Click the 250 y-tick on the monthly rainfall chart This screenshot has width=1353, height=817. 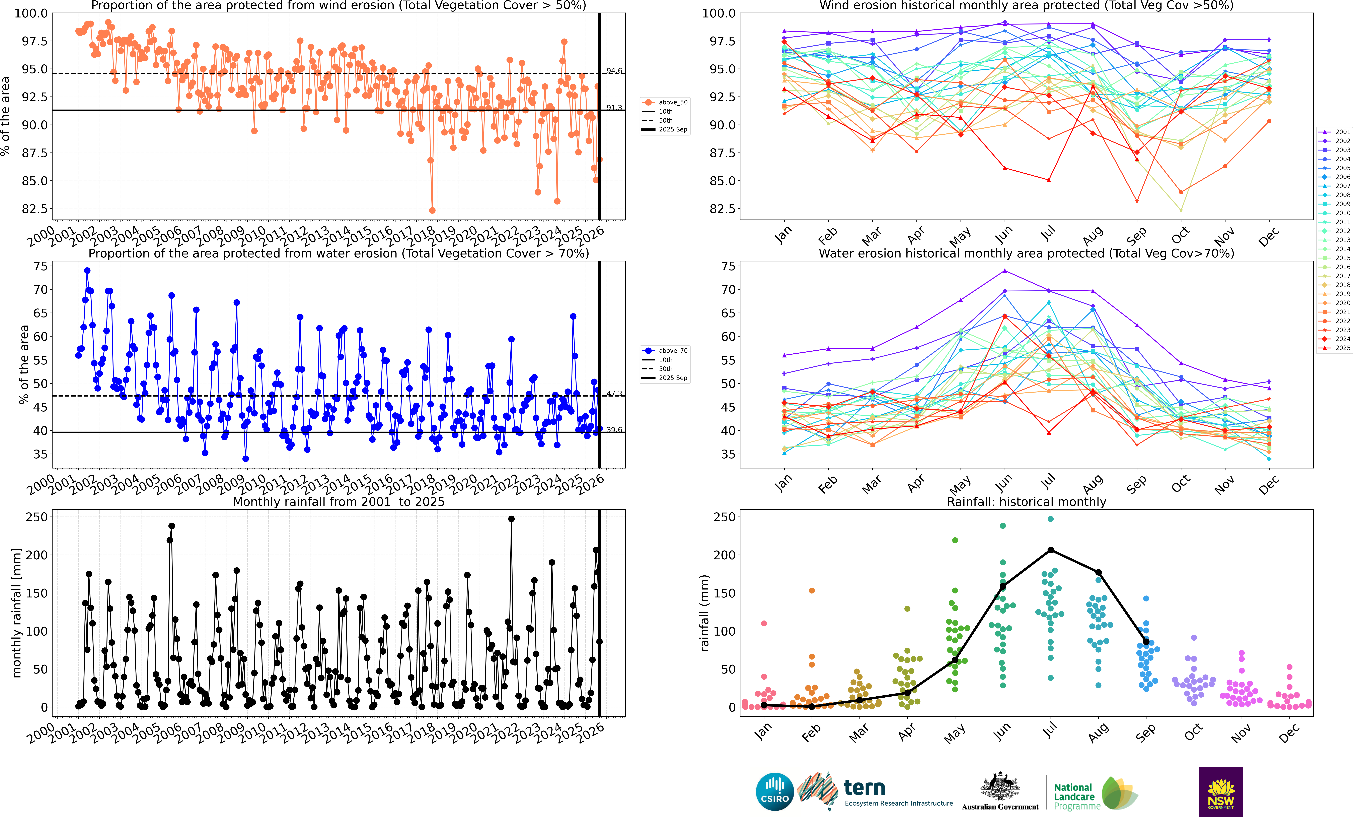[x=37, y=517]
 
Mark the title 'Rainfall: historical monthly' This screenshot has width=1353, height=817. [x=1026, y=502]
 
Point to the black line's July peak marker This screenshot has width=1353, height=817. [x=1050, y=550]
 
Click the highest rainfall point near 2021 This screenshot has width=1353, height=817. [x=511, y=519]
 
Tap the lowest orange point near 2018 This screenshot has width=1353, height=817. [x=432, y=210]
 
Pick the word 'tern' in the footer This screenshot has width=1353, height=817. [x=864, y=788]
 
